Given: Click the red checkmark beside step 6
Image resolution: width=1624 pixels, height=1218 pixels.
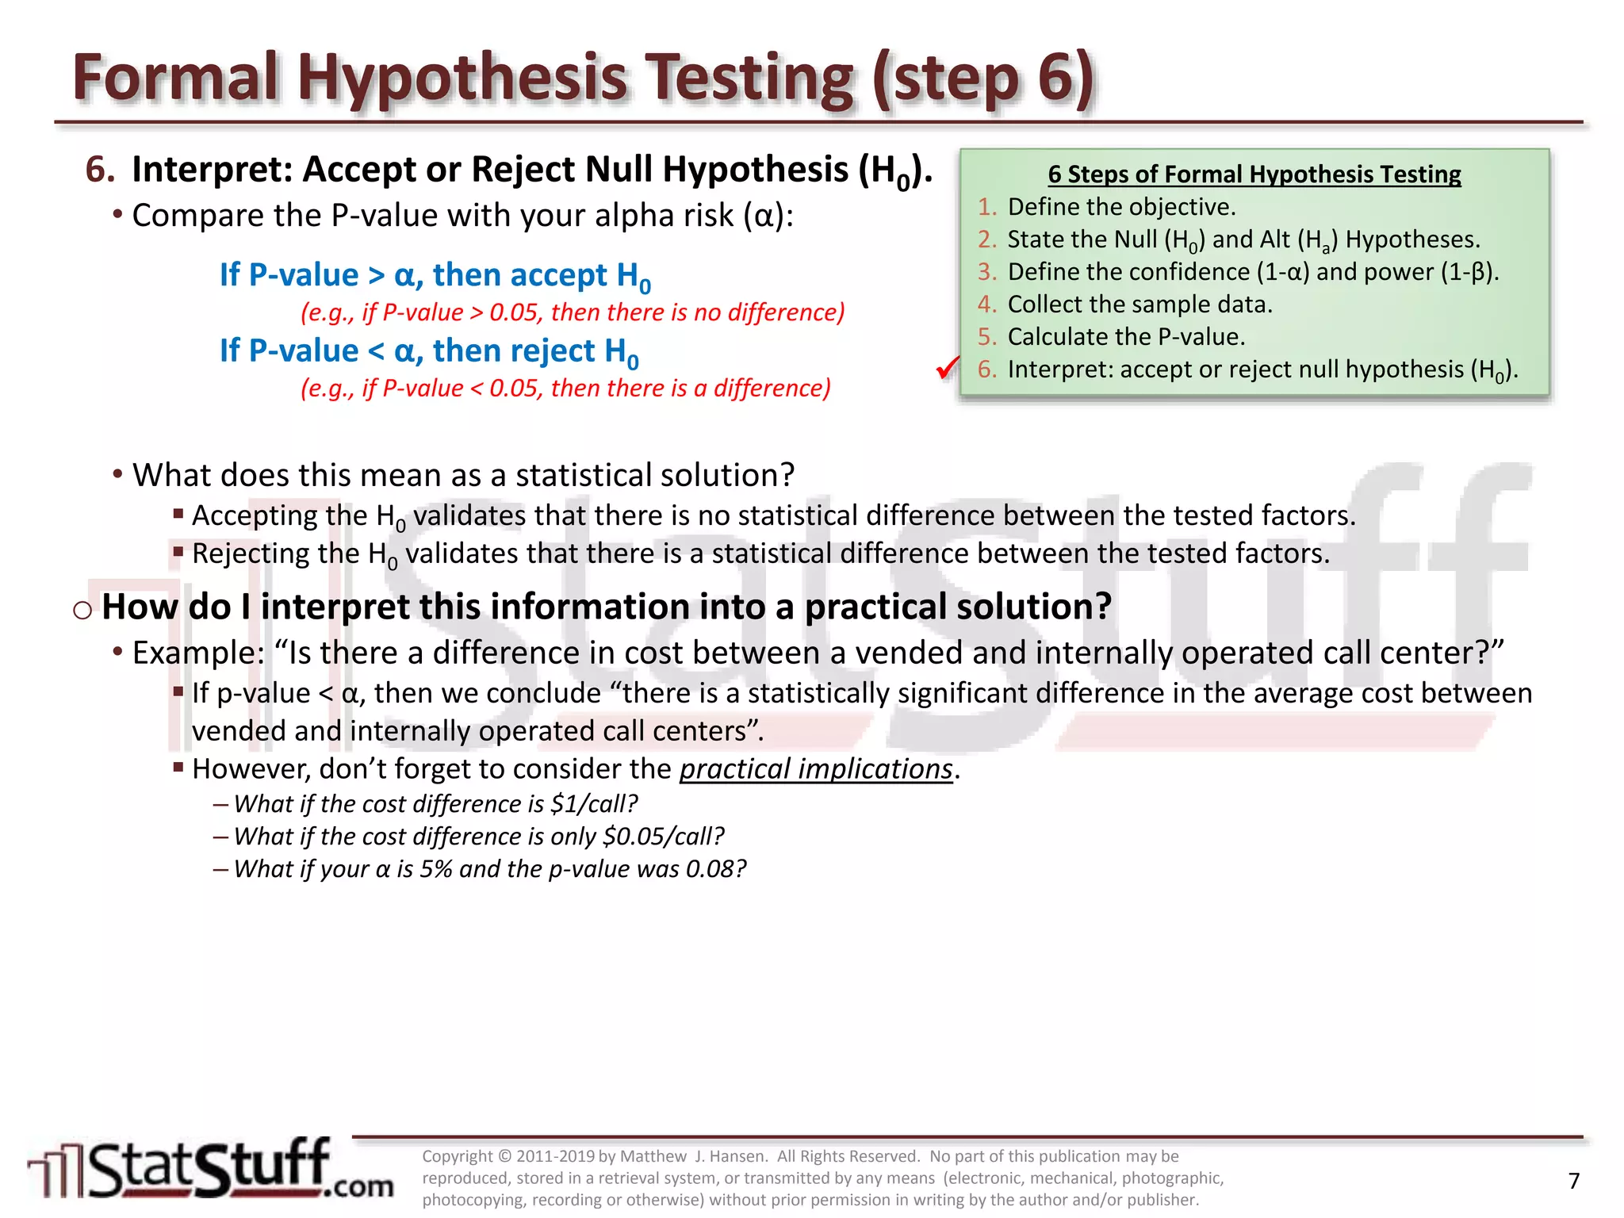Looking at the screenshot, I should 947,368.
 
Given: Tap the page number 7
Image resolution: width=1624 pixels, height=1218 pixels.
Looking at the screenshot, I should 1574,1182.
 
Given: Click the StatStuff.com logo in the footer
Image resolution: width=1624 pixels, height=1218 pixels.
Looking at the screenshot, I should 211,1170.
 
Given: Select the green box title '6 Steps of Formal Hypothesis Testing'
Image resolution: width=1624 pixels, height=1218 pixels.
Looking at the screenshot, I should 1254,174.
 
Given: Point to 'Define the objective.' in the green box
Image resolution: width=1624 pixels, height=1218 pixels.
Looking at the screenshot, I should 1121,207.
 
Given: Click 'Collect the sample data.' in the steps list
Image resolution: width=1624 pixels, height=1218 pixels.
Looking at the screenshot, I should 1139,304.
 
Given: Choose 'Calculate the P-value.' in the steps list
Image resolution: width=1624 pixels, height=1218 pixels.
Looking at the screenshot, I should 1126,337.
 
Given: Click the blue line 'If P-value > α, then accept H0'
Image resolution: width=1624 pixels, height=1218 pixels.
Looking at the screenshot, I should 435,276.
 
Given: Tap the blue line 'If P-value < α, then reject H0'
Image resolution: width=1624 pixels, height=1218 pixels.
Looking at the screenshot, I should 428,351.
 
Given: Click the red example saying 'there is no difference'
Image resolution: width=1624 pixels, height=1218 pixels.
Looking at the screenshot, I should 573,312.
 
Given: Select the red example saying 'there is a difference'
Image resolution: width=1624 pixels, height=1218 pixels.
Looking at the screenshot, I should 565,389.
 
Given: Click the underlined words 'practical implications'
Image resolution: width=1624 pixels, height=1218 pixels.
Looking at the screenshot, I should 816,769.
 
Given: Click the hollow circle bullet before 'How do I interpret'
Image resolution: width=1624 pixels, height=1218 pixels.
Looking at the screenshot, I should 82,610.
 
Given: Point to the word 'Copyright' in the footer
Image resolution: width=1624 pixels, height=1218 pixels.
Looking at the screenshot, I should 458,1156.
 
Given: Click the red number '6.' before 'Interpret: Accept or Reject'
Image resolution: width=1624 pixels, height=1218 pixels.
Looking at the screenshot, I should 100,170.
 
